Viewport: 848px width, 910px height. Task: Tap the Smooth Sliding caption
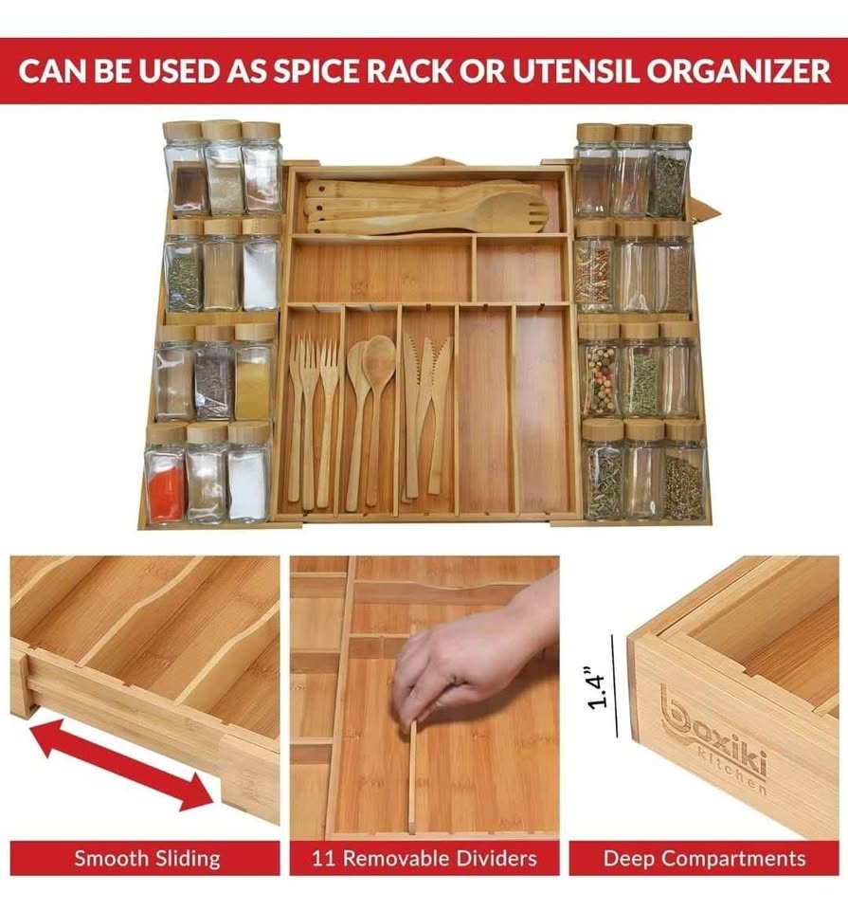coord(147,859)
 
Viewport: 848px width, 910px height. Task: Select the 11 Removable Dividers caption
coord(424,859)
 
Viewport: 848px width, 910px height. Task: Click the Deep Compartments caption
coord(704,859)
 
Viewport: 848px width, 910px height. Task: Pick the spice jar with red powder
coord(165,487)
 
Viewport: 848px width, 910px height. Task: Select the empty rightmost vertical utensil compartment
coord(544,408)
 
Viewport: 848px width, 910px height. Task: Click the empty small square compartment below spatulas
coord(521,269)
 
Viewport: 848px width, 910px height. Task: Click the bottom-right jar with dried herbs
coord(683,483)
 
